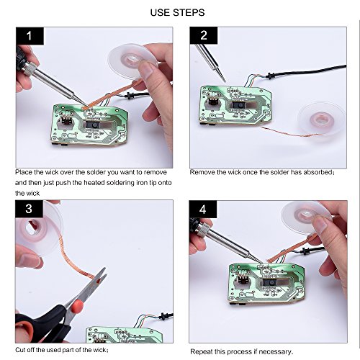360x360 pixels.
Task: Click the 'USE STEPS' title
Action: [x=177, y=12]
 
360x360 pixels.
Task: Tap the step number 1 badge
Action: [x=30, y=36]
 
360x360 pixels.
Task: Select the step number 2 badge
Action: [x=204, y=35]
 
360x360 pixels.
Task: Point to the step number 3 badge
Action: [x=29, y=209]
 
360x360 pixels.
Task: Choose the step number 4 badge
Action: [x=203, y=210]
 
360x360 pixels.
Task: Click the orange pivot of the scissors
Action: [x=77, y=305]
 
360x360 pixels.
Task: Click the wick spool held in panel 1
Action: [x=132, y=60]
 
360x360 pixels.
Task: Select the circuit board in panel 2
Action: [x=235, y=106]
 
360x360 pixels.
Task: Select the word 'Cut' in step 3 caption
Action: [x=20, y=350]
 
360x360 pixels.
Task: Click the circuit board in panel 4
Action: [x=266, y=283]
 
